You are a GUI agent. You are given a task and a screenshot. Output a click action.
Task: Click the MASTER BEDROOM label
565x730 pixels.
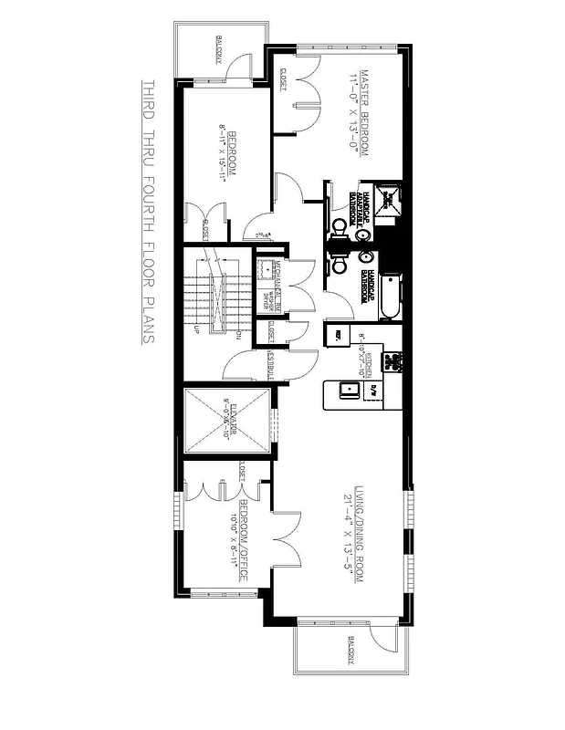coord(362,114)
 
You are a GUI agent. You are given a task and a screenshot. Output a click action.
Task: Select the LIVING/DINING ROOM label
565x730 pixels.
coord(361,533)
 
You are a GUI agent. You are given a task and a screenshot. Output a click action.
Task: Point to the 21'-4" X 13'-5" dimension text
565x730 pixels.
coord(348,533)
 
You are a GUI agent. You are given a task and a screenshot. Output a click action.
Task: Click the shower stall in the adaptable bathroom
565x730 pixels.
coord(390,202)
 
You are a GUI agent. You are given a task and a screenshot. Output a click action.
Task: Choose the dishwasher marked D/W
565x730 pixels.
coord(372,391)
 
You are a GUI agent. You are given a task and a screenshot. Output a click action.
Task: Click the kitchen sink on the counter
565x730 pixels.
coord(348,391)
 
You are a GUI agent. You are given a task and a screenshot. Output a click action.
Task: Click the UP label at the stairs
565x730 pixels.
coord(197,328)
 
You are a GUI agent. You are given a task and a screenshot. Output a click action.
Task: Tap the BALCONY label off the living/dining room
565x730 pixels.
coord(350,652)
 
